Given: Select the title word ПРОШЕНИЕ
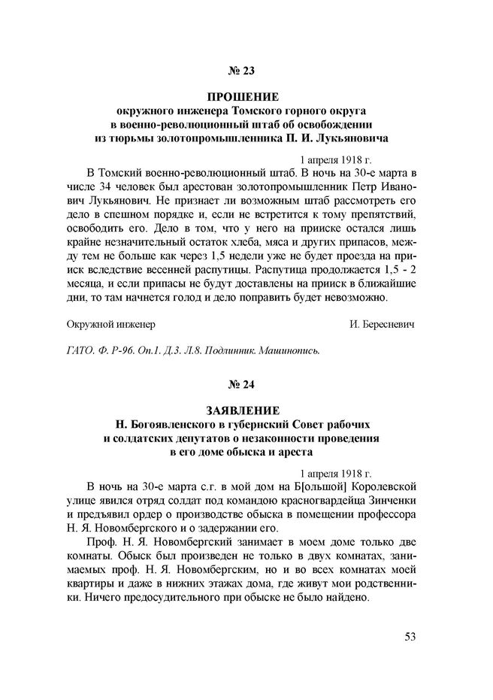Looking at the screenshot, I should [x=243, y=98].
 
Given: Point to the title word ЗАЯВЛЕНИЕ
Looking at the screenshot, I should [x=243, y=410].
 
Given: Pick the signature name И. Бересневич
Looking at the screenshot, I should [x=382, y=324].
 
